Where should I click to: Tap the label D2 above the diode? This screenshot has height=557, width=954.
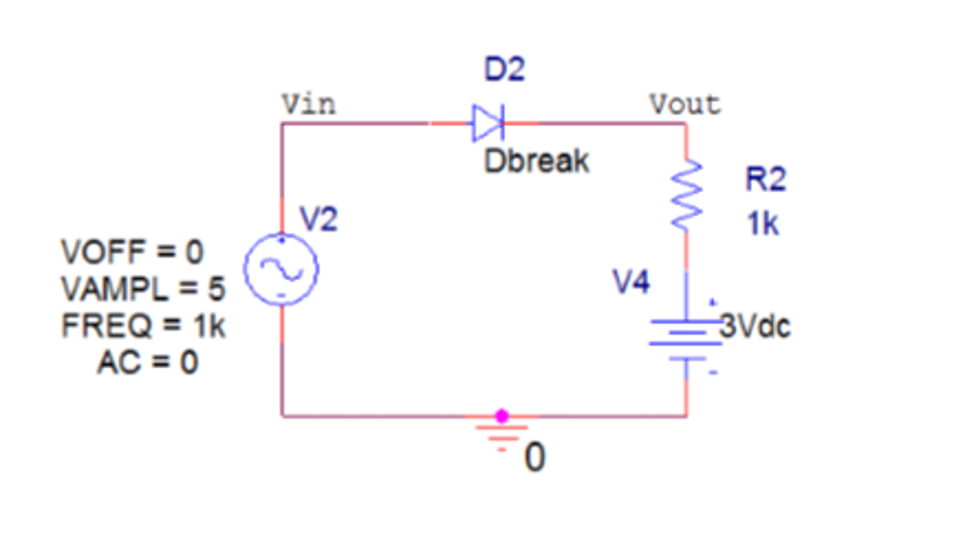coord(504,71)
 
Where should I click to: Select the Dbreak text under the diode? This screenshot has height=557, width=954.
coord(537,161)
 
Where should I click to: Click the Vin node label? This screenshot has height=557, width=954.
coord(309,103)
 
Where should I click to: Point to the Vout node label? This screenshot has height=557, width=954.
coord(685,103)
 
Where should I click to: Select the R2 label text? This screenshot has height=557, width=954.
coord(765,179)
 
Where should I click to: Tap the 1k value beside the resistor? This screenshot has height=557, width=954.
coord(761,224)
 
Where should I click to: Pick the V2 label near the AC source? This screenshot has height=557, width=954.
coord(319,220)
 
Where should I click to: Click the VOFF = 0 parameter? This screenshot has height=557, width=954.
coord(132,252)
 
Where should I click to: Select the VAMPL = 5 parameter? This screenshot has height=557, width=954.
coord(143,290)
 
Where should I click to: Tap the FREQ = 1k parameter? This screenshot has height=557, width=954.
coord(143,326)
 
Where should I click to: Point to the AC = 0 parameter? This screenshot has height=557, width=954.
coord(147,362)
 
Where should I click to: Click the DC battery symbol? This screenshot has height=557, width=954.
coord(687,336)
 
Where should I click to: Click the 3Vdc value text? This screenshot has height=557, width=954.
coord(754,327)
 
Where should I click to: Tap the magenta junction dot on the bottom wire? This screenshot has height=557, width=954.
coord(501,415)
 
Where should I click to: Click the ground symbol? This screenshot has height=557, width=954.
coord(501,435)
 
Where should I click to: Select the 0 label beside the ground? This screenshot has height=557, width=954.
coord(534,458)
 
